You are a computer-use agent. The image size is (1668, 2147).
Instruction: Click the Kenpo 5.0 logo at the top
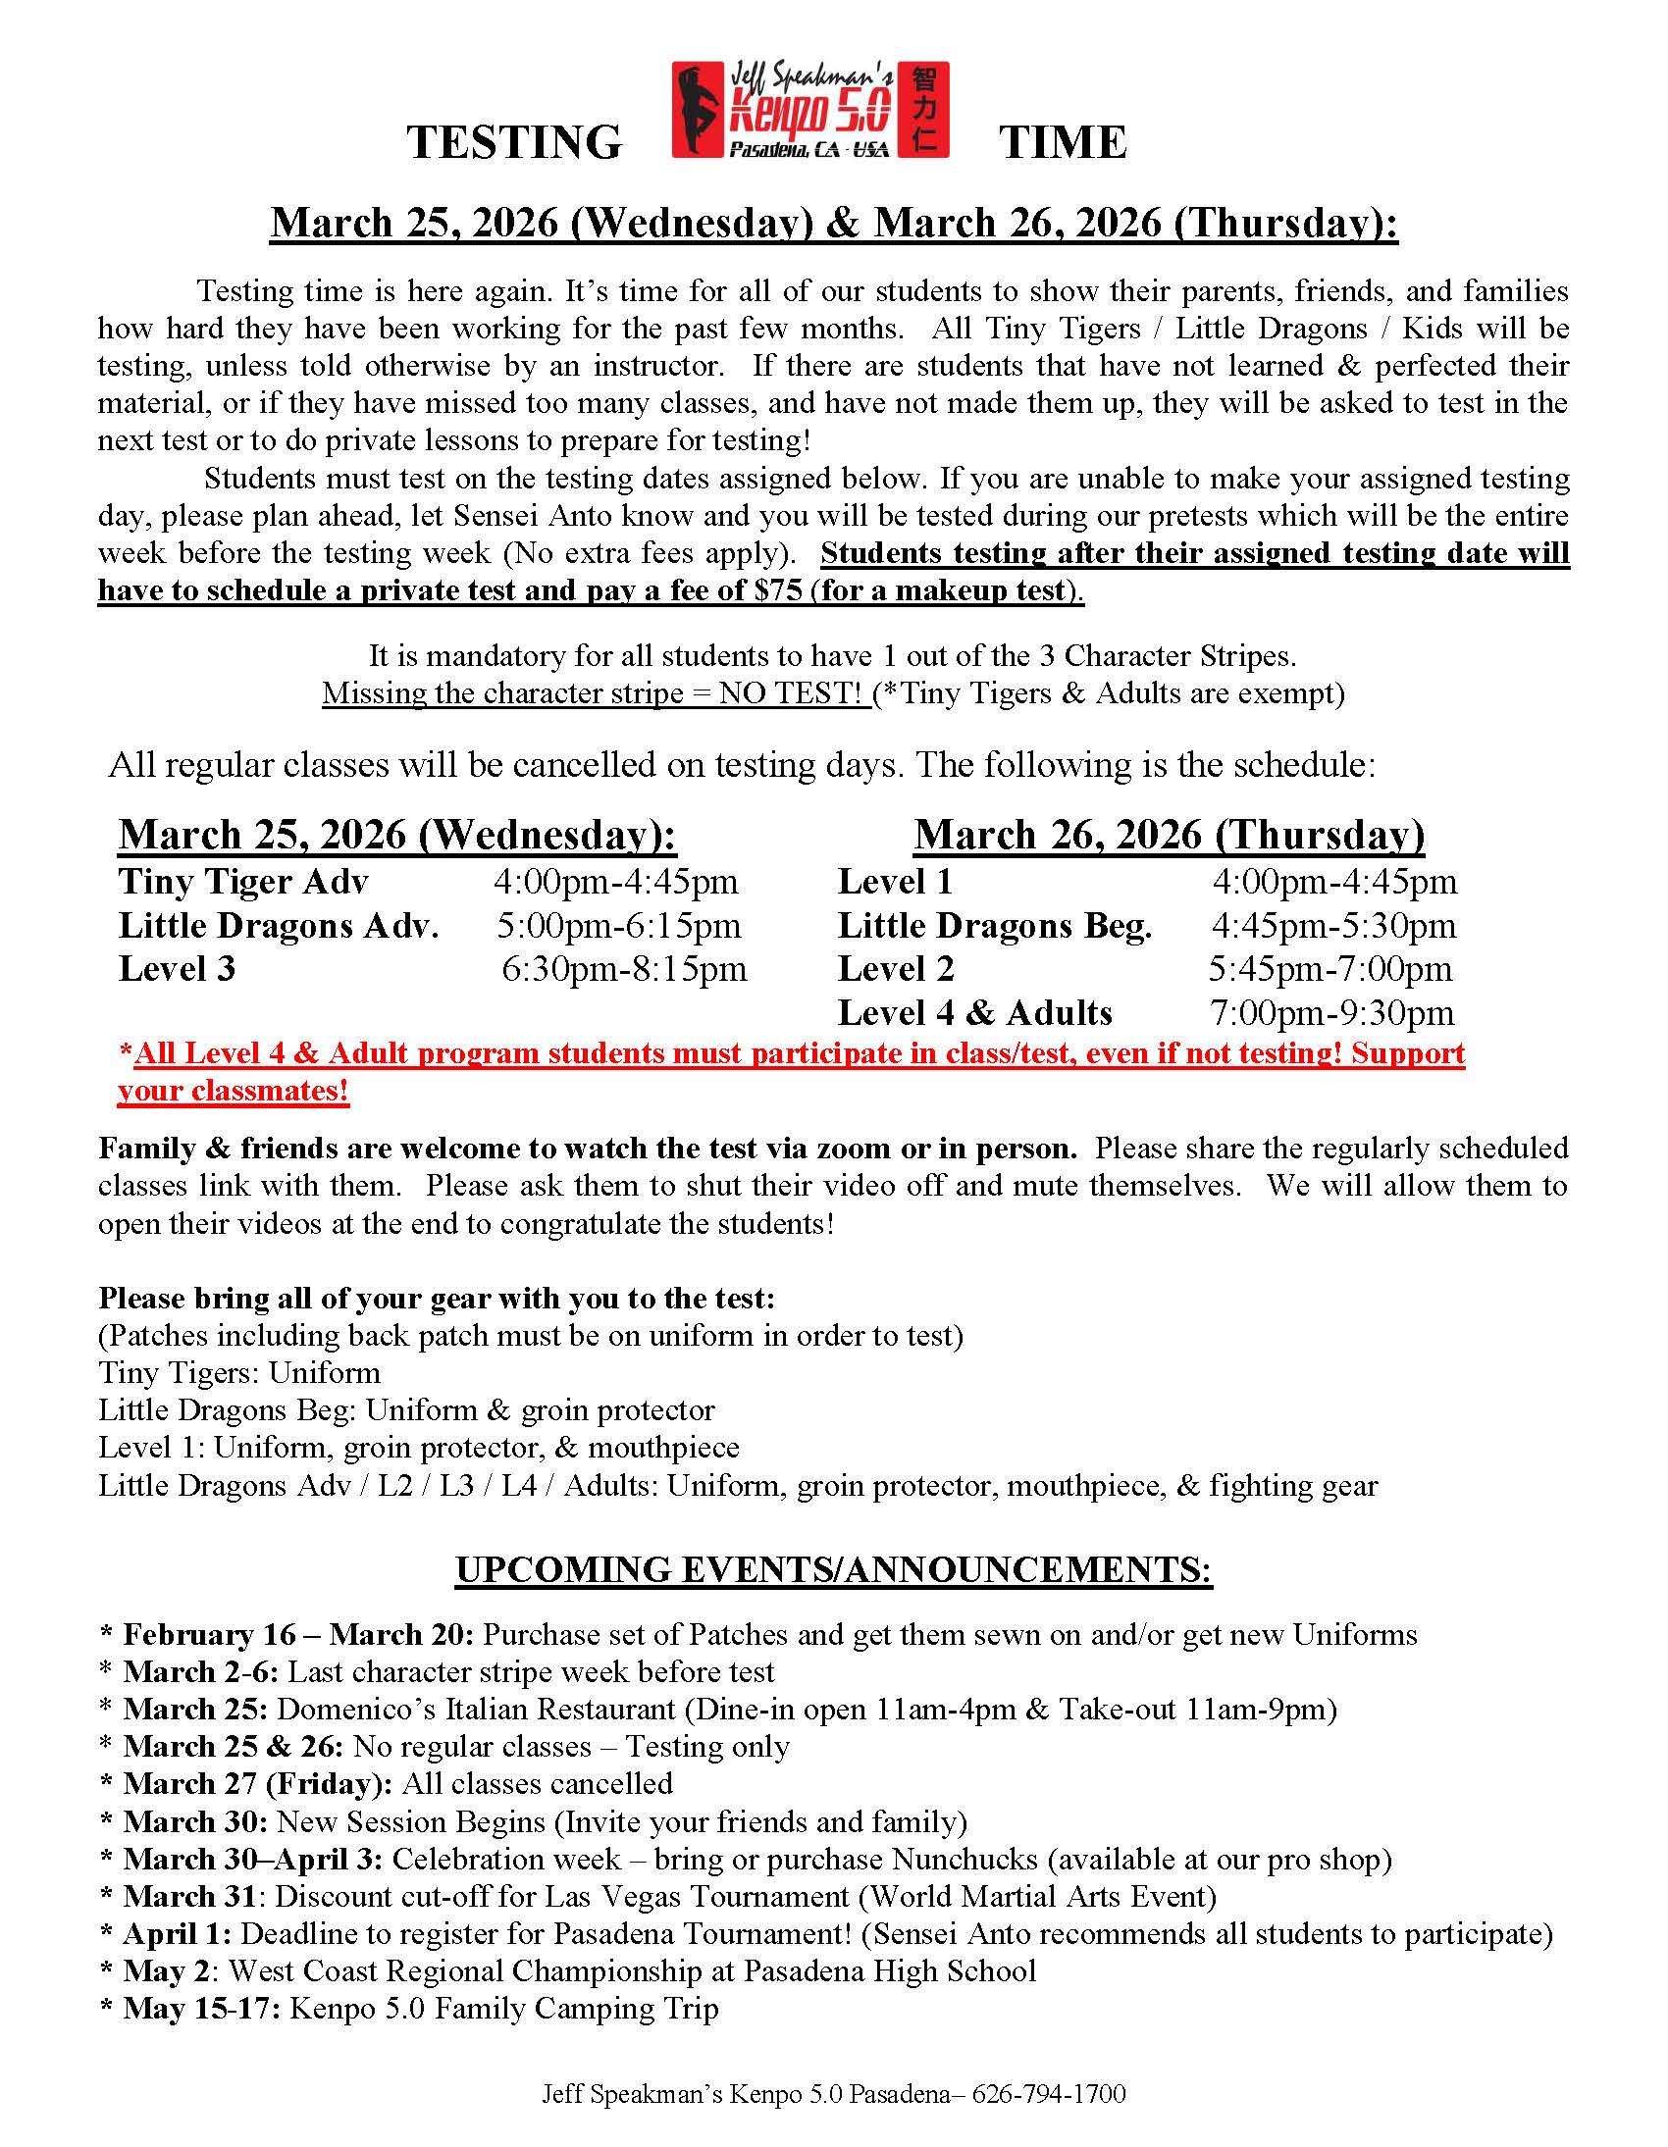[x=809, y=110]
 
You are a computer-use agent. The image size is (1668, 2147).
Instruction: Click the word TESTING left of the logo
[x=514, y=142]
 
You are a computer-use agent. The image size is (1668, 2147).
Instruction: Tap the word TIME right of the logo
[x=1063, y=142]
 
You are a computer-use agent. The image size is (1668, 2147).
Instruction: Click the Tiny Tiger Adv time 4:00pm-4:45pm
[x=615, y=882]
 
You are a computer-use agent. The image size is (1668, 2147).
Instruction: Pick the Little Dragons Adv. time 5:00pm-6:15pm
[x=618, y=926]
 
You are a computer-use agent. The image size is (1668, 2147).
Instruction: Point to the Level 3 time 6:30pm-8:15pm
[x=623, y=969]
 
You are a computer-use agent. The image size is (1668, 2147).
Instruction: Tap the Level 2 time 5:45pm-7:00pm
[x=1329, y=969]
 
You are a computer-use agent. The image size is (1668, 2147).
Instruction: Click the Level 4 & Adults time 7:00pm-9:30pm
[x=1331, y=1013]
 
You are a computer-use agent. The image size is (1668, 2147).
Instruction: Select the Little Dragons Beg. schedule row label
[x=994, y=926]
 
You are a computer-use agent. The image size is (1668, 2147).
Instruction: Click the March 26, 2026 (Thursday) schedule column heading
[x=1169, y=836]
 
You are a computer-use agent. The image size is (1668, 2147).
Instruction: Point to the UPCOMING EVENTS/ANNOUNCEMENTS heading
[x=833, y=1570]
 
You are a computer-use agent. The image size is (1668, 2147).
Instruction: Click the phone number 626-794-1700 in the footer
[x=1049, y=2095]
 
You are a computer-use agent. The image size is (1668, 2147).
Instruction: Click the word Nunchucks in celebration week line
[x=964, y=1859]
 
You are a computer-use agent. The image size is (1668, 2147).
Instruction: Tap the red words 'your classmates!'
[x=234, y=1092]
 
